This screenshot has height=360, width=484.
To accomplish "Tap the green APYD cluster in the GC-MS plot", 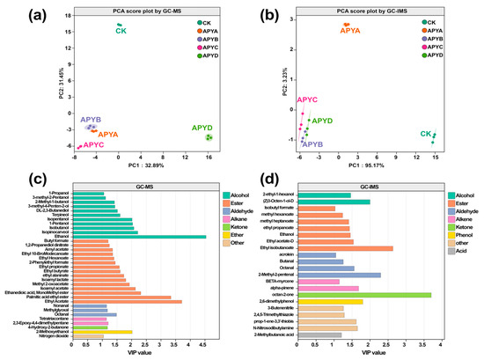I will click(209, 137).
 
